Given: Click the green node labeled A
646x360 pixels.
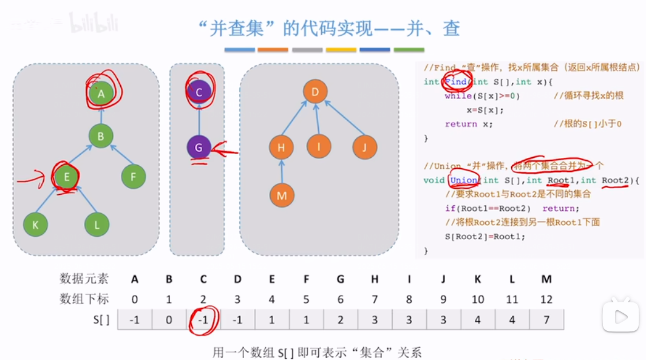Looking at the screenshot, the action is (x=101, y=93).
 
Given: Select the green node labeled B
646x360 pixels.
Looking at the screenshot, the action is (x=101, y=137).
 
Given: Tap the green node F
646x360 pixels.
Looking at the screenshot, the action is (x=133, y=177).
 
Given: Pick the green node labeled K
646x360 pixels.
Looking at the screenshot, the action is (x=35, y=225).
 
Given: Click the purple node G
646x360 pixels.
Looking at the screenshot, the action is (x=199, y=147).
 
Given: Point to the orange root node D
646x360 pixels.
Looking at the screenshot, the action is (x=315, y=92).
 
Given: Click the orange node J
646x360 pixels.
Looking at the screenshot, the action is (x=364, y=147).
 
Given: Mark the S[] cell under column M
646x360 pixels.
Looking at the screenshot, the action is (x=546, y=319).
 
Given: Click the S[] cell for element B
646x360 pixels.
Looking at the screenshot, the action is (x=169, y=319).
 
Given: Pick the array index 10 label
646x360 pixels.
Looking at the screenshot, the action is (x=478, y=299).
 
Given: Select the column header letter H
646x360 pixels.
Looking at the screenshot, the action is (x=375, y=279).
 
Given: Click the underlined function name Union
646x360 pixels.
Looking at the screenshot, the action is (x=464, y=180).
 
